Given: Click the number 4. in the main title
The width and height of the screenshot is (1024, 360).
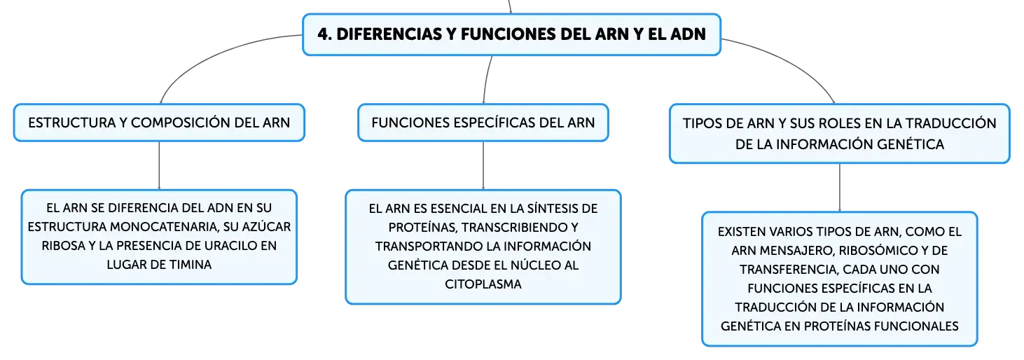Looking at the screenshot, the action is point(324,34).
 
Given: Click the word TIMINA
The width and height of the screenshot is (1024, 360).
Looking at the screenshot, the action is point(191,265).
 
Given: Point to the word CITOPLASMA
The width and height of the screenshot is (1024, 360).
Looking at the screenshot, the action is point(483,284).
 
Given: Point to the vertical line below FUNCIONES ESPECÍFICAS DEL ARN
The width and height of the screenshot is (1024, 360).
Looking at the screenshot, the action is point(483,165).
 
